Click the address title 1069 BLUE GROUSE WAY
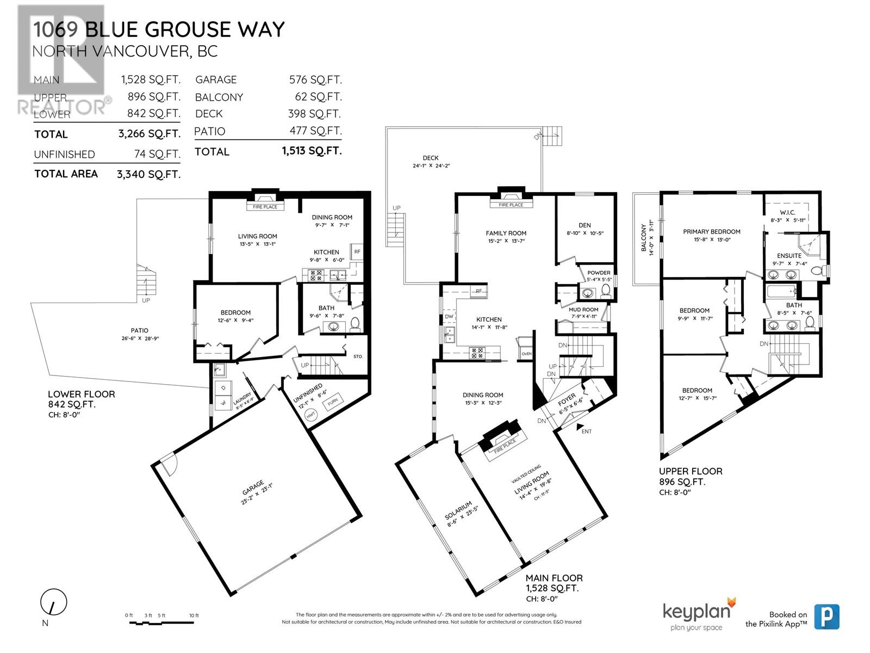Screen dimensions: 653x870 coord(158,29)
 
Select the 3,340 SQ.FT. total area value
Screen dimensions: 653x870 coord(148,174)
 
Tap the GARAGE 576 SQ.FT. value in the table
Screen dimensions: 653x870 coord(315,80)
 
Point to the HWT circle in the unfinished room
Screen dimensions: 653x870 coord(311,415)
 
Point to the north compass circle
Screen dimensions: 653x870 coord(53,602)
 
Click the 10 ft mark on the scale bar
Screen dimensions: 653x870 coord(194,615)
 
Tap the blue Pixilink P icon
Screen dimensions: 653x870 coord(826,617)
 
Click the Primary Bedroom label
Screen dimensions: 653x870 coord(711,231)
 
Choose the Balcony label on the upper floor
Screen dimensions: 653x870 coord(644,237)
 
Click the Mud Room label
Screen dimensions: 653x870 coord(583,310)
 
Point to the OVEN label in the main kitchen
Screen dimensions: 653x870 coord(526,354)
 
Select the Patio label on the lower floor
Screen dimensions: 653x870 coord(139,330)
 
